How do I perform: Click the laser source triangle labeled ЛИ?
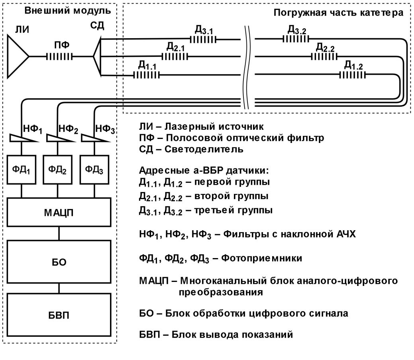pos(17,57)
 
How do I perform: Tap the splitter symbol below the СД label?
pos(97,57)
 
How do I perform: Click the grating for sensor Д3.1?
pos(203,39)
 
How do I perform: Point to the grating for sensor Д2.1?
pos(174,57)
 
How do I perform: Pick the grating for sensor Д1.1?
pos(146,74)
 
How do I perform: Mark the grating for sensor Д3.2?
pos(296,39)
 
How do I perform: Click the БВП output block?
pos(59,314)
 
